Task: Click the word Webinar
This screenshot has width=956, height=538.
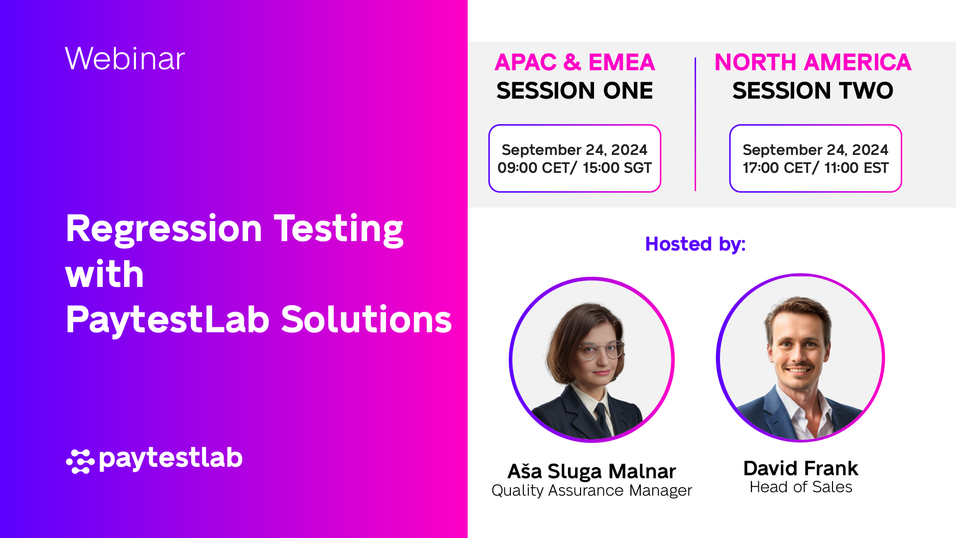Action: (124, 59)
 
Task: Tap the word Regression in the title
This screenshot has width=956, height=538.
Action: (164, 229)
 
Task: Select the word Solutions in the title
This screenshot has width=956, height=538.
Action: (366, 319)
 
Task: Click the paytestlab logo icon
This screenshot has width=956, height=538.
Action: (80, 461)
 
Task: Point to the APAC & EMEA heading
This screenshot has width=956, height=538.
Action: (575, 63)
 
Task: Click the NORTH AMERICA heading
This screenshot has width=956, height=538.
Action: (813, 63)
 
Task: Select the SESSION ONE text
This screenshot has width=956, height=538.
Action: (575, 91)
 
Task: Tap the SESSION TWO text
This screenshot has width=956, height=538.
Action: (813, 91)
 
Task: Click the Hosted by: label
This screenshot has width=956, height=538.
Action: (695, 244)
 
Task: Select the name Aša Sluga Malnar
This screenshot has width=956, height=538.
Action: (592, 471)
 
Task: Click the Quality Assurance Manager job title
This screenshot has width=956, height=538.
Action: (592, 491)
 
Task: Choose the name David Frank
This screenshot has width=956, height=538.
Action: (801, 468)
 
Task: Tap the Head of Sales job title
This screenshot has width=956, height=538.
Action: (801, 487)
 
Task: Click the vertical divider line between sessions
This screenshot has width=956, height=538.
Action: (695, 125)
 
